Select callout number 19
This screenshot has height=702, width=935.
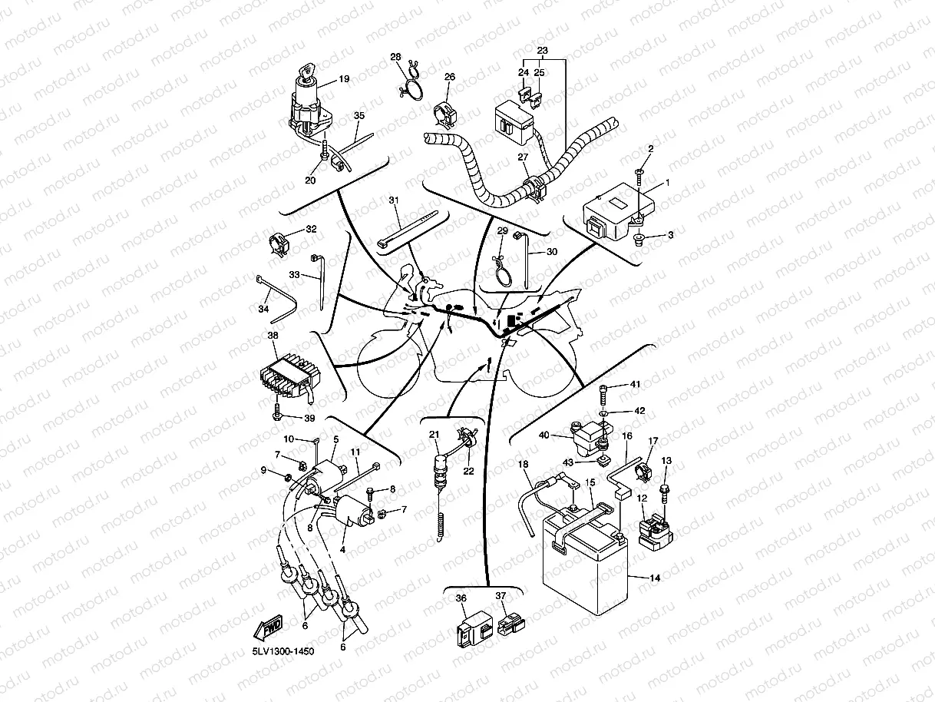[344, 79]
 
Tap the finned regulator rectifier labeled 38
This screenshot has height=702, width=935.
[290, 378]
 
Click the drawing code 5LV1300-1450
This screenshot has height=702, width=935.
[283, 651]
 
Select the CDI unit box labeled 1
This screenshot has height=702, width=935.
[618, 211]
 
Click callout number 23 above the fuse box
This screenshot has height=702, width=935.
[542, 50]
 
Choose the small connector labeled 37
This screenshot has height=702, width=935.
[511, 624]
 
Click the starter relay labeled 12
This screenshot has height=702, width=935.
[656, 531]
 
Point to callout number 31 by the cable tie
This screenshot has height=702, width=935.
[394, 200]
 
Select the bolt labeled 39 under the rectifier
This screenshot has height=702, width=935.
[277, 410]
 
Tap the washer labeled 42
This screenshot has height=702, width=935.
[603, 413]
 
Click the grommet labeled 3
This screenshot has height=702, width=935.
[639, 239]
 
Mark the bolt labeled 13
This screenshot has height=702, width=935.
[664, 495]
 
